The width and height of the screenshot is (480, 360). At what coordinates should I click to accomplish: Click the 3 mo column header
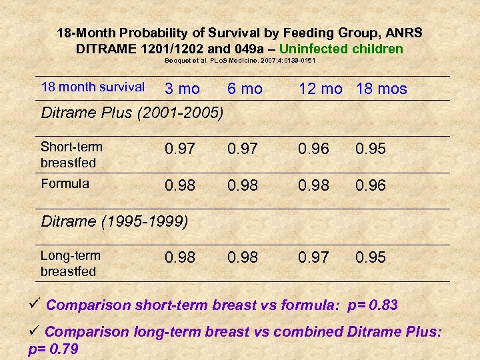pos(182,89)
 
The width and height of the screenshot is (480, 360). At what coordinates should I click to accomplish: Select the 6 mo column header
pos(245,89)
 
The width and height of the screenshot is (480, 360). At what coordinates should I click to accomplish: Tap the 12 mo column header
pos(321,89)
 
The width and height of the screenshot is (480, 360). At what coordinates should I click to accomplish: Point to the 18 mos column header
pos(381,89)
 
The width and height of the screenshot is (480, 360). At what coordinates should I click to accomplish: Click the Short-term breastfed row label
pos(68,155)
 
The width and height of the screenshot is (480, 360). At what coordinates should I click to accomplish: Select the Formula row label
pos(65,184)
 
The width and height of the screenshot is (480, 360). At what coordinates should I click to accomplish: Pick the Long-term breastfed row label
pos(70,263)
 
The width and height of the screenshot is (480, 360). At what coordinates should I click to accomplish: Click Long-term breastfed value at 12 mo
pos(314,257)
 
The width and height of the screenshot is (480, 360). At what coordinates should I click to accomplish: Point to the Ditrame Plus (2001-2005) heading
pos(132,113)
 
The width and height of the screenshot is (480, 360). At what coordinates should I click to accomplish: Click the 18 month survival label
pos(93,87)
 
